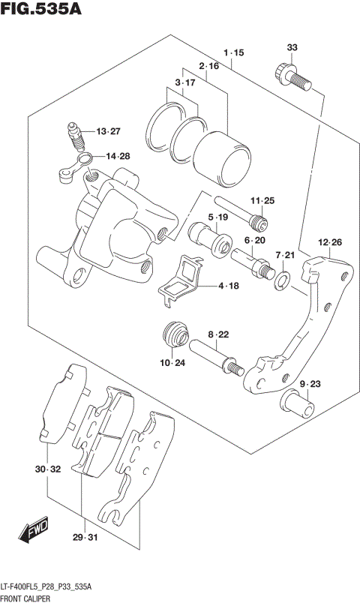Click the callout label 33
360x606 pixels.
click(292, 48)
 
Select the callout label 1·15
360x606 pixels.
click(234, 52)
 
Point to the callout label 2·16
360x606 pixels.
click(209, 67)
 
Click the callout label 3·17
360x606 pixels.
click(184, 82)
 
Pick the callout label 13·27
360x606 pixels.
click(107, 131)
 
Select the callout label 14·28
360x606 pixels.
click(117, 156)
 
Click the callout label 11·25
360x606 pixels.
click(263, 200)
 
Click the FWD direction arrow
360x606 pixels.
click(34, 531)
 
